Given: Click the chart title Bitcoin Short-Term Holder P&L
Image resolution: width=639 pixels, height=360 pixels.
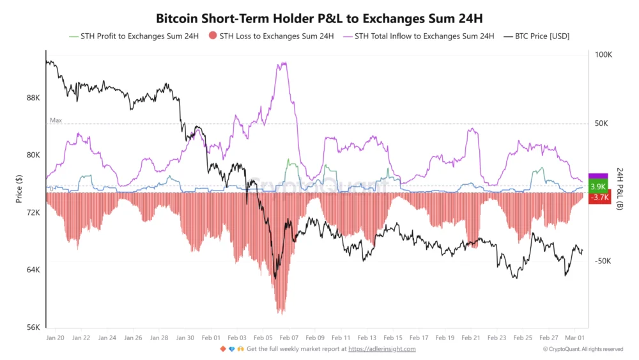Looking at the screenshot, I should point(319,17).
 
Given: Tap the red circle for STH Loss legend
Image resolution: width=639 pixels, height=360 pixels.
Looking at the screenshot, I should point(213,36).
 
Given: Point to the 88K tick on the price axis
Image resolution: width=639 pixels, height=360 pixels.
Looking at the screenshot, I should point(33,98).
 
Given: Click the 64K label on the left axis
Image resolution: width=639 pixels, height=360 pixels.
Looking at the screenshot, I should point(33,270).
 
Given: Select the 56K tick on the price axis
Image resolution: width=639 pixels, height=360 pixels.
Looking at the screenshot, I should point(33,327).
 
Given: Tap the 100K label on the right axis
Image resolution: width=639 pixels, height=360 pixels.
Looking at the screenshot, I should point(603,55).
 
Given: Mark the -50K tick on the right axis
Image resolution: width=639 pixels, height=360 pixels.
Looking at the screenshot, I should point(604,262).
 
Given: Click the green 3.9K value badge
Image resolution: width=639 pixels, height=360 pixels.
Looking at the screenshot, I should point(598,187).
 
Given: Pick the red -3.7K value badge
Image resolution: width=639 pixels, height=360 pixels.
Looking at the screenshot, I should point(600,198).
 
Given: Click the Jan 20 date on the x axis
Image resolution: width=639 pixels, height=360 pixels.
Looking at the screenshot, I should point(55,337).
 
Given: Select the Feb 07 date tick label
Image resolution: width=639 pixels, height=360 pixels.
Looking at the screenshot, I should point(289,337).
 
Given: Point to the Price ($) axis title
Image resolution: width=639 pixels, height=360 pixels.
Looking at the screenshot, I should point(19,190).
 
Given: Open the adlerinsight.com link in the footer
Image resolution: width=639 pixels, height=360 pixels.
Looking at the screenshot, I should point(381,349).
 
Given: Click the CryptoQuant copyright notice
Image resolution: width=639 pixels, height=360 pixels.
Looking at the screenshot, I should point(583,349).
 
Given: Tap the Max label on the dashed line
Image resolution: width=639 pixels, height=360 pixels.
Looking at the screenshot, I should point(56,120).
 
